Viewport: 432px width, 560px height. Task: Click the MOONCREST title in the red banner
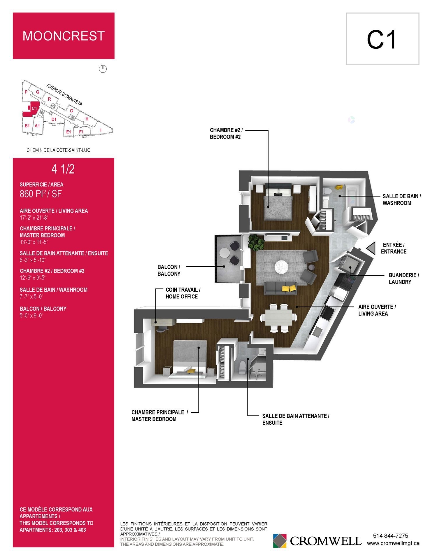coord(64,36)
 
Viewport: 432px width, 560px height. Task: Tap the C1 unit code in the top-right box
coord(382,40)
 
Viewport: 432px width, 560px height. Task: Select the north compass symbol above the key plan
coord(103,69)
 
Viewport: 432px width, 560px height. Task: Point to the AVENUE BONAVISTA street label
coord(64,95)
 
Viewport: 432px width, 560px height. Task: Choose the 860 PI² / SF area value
coord(41,194)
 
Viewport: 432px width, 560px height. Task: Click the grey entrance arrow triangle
coord(371,249)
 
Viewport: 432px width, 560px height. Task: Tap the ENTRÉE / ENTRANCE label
coord(394,248)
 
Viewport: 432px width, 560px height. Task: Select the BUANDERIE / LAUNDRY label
coord(404,279)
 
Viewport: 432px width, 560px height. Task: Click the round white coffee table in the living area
coord(282,266)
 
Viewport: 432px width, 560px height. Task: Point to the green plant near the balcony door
coord(256,243)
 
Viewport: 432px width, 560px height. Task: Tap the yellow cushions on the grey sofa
coord(289,288)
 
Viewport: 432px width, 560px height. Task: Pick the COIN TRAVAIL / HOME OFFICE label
coord(183,293)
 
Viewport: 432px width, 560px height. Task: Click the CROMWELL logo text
coord(326,541)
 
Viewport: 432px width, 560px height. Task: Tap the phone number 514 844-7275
coord(390,536)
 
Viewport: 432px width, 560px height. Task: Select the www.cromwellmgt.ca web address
coord(393,543)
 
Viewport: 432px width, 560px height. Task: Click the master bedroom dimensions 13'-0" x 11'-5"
coord(33,242)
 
